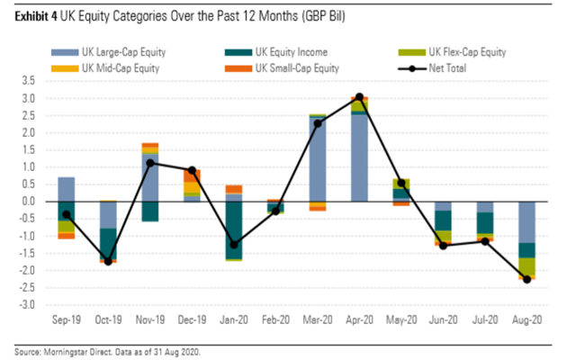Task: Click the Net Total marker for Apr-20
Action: tap(359, 97)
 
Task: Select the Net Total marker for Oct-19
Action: tap(108, 262)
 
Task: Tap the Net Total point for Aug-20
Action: tap(526, 279)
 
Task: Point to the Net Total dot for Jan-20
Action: tap(233, 245)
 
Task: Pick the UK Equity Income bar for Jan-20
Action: tap(233, 229)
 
